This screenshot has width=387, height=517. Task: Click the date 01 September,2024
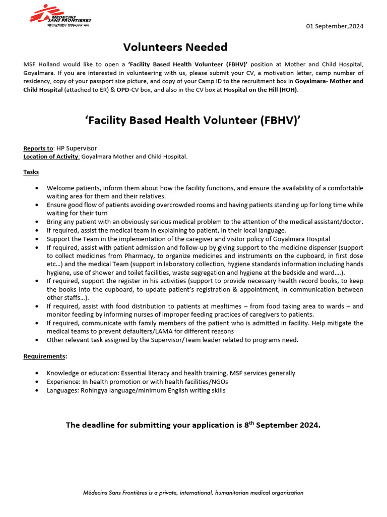point(335,26)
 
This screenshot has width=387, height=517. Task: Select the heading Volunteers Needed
point(175,47)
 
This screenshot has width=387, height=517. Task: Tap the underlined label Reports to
point(38,148)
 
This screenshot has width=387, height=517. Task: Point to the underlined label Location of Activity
point(51,157)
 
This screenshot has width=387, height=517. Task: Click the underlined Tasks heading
point(31,172)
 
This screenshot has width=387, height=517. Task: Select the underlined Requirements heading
point(45,356)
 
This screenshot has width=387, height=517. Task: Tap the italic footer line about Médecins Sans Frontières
point(193,492)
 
